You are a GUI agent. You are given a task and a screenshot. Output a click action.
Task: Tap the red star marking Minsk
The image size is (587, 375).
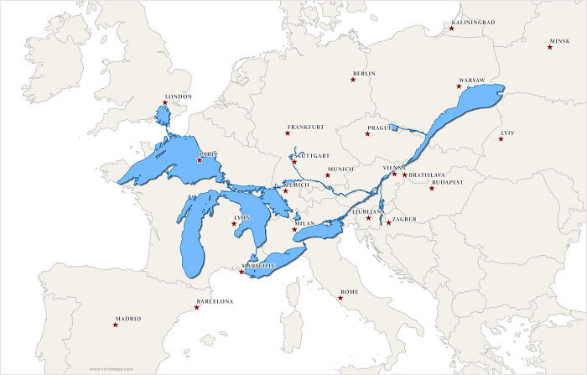point(550,47)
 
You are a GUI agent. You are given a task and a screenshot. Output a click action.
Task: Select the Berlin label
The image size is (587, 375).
point(364,74)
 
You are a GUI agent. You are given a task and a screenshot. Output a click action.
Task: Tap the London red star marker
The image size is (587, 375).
point(165,103)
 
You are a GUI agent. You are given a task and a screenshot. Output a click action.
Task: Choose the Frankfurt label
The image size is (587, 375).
point(305,128)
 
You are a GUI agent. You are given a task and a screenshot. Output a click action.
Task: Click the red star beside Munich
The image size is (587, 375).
point(328,175)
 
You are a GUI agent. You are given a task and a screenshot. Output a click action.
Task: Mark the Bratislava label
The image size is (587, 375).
point(427,174)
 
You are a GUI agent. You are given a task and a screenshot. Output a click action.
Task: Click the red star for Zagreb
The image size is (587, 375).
point(388,222)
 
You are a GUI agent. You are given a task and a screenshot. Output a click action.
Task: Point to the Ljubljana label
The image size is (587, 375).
point(367,212)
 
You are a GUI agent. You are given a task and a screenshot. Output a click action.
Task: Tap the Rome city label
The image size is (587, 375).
point(349,292)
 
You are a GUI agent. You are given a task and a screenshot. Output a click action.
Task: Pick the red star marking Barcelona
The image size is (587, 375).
point(197,308)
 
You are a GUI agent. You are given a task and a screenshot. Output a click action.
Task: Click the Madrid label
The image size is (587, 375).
point(129,319)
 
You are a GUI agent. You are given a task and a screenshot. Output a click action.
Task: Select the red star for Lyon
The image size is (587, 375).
point(234,223)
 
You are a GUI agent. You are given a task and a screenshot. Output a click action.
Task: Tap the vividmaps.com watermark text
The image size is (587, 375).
point(109,368)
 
